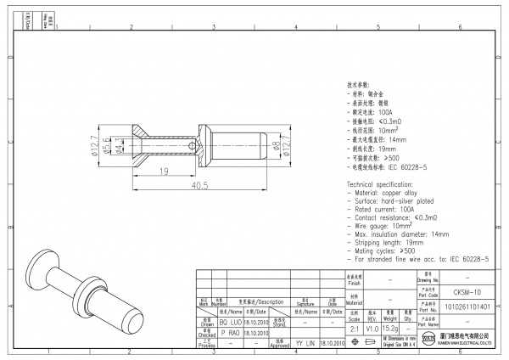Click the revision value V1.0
point(372,329)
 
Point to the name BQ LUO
point(230,323)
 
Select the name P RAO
point(230,334)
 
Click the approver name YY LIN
point(305,343)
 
